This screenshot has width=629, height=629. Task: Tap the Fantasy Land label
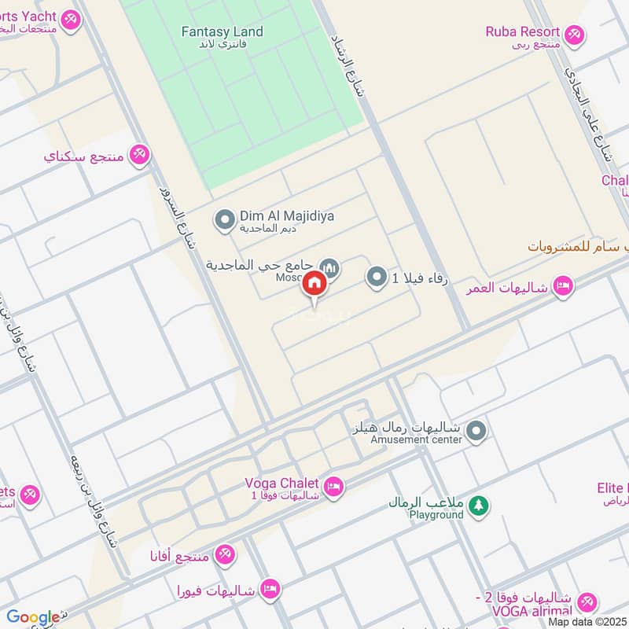222,32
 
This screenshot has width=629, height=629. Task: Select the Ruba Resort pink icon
575,35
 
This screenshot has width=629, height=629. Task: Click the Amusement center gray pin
476,431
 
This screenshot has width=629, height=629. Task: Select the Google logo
32,618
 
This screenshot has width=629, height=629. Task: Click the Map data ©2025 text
587,622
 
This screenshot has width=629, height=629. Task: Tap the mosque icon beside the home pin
330,270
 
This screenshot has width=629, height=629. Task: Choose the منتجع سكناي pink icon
139,154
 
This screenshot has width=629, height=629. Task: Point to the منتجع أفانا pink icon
226,555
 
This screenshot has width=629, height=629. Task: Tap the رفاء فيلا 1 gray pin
377,277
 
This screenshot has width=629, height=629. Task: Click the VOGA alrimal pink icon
587,603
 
